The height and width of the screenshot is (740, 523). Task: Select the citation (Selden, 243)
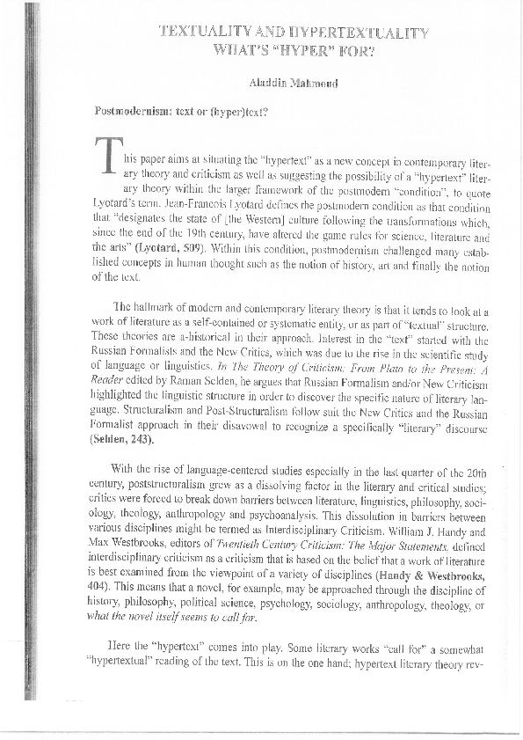(x=126, y=436)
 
